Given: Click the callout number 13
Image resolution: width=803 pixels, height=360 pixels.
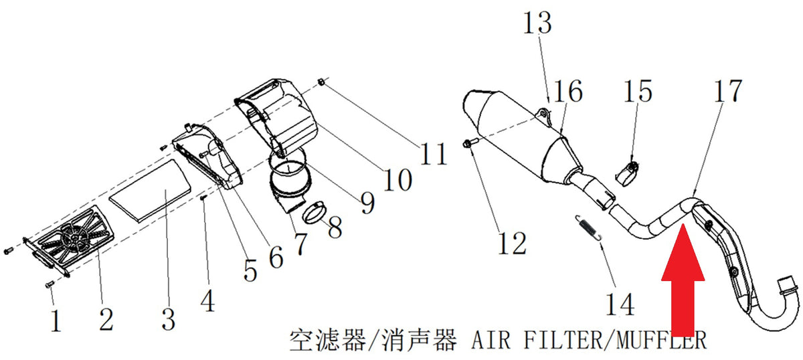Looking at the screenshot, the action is [x=537, y=23].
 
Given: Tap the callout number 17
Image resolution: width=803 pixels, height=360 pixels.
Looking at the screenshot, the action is [x=728, y=91].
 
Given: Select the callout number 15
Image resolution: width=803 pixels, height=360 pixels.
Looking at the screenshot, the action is [x=638, y=91].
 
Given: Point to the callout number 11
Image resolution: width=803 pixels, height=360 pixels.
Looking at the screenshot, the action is [x=434, y=154].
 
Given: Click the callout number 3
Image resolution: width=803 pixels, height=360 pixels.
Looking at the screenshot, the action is [x=169, y=319].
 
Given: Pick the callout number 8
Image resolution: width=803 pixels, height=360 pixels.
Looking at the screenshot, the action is [x=335, y=227].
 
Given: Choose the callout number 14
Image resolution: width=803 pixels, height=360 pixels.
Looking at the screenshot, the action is [x=620, y=304].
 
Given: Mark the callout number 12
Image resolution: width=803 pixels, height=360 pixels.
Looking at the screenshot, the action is [x=513, y=243].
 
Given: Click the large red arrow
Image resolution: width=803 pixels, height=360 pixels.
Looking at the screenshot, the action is [x=683, y=280].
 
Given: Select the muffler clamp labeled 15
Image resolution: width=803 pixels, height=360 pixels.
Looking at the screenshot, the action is [x=628, y=174].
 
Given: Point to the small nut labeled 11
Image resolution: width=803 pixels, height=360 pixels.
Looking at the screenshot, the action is [x=322, y=83].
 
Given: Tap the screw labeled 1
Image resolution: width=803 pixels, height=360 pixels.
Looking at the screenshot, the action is [x=50, y=284].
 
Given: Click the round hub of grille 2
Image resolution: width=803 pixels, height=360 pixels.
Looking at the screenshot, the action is [x=74, y=238].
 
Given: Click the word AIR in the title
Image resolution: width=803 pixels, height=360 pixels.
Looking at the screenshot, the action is [x=490, y=341].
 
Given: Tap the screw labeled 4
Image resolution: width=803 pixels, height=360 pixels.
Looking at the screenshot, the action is [x=203, y=198].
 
